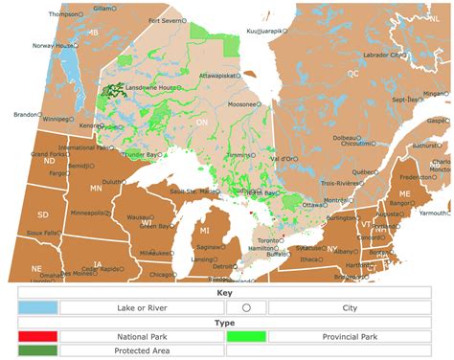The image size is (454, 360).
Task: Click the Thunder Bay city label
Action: pos(137,153)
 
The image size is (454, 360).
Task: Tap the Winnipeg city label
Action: pos(57,120)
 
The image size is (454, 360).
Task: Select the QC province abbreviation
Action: pos(352,73)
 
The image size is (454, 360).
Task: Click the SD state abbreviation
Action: pos(42,214)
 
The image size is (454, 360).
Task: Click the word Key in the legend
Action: pos(226,293)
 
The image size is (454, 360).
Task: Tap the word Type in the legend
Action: pos(226,323)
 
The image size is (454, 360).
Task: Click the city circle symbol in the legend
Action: pos(246,308)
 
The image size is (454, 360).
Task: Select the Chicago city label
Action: pos(162,275)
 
